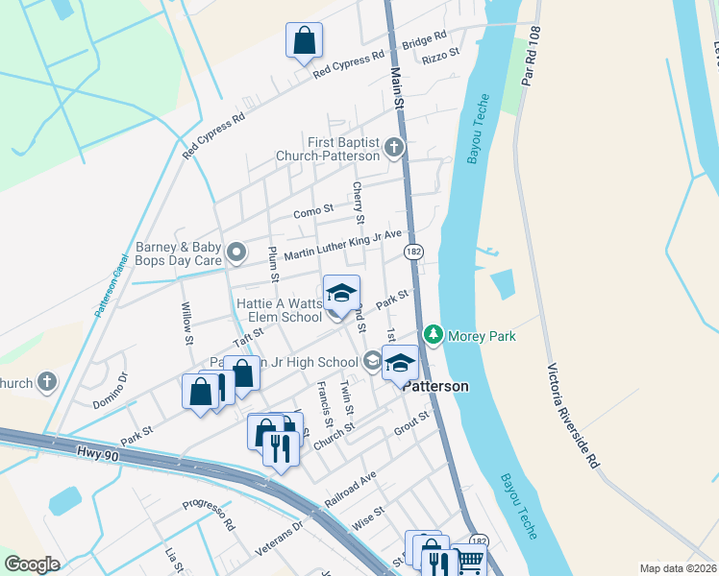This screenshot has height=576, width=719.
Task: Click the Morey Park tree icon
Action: pyautogui.click(x=434, y=334)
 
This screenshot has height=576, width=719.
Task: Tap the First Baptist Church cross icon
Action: pyautogui.click(x=393, y=149)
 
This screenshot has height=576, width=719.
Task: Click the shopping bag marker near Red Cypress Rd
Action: pyautogui.click(x=304, y=41)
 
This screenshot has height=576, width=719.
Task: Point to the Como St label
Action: pyautogui.click(x=313, y=209)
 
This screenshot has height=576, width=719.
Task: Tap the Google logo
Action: pyautogui.click(x=32, y=564)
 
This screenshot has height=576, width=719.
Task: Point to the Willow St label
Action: pyautogui.click(x=188, y=319)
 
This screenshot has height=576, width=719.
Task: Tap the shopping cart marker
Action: pyautogui.click(x=468, y=561)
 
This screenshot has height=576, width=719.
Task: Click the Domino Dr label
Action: pyautogui.click(x=110, y=391)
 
